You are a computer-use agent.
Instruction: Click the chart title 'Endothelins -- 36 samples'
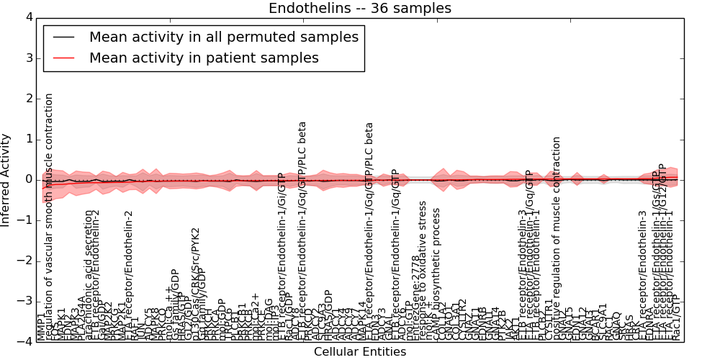click(360, 9)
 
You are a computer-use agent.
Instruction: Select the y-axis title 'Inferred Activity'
click(6, 180)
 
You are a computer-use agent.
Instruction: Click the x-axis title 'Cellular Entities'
click(360, 352)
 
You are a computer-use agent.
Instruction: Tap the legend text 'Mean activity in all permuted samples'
click(223, 37)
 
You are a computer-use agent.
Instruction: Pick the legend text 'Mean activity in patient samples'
click(204, 58)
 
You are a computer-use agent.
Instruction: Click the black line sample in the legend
click(63, 37)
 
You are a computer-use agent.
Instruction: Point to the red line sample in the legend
click(63, 58)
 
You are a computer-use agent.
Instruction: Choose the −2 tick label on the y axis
click(25, 261)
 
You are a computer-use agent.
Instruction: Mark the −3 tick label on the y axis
click(25, 301)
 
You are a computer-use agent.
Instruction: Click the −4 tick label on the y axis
click(25, 341)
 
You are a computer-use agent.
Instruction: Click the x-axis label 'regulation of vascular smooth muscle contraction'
click(50, 216)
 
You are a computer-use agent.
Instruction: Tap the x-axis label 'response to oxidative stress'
click(423, 271)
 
